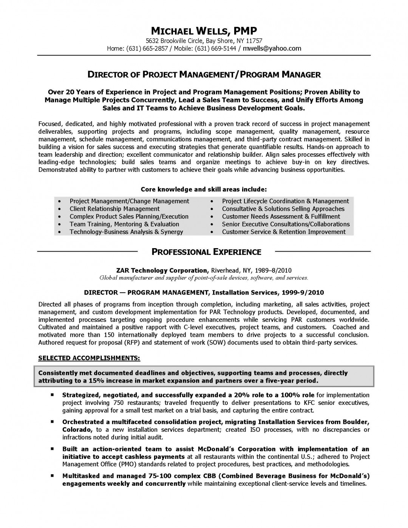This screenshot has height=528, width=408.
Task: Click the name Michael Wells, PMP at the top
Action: click(x=204, y=31)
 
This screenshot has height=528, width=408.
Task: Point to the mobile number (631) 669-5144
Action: click(x=215, y=48)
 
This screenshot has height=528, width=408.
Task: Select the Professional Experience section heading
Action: click(x=206, y=252)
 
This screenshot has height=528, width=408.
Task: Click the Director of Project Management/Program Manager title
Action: click(x=204, y=74)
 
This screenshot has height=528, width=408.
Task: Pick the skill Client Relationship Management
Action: click(x=114, y=209)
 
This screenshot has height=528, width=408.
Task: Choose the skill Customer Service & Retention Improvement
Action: click(x=284, y=232)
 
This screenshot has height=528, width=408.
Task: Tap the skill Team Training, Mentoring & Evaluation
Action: click(x=124, y=224)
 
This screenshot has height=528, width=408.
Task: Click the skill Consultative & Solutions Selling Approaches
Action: click(x=283, y=209)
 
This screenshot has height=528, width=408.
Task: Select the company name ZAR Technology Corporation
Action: click(x=162, y=270)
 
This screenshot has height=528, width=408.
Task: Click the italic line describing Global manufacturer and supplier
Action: click(x=204, y=278)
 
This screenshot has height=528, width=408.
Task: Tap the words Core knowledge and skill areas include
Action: click(x=204, y=189)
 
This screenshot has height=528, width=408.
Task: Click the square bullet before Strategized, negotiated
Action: click(x=53, y=395)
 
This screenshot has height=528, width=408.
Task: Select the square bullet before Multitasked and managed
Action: click(x=53, y=476)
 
